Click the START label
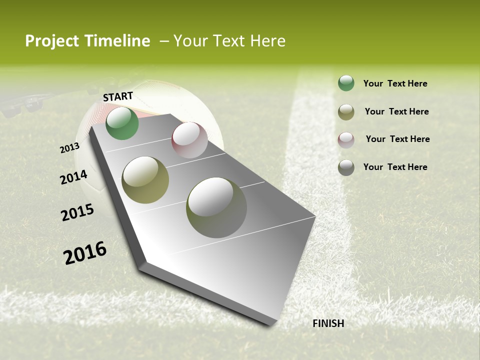pyautogui.click(x=118, y=96)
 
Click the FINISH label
pyautogui.click(x=328, y=323)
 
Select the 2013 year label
pyautogui.click(x=69, y=148)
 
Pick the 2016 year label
pyautogui.click(x=85, y=253)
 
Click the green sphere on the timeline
pyautogui.click(x=122, y=123)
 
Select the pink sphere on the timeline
pyautogui.click(x=189, y=140)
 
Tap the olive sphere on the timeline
pyautogui.click(x=145, y=180)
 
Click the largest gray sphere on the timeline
pyautogui.click(x=216, y=207)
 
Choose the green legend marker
pyautogui.click(x=346, y=83)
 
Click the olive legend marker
pyautogui.click(x=346, y=112)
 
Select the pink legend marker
pyautogui.click(x=346, y=140)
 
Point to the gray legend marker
pyautogui.click(x=346, y=167)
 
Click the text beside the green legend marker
pyautogui.click(x=395, y=83)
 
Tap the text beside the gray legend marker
pyautogui.click(x=395, y=167)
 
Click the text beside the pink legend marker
pyautogui.click(x=397, y=139)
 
